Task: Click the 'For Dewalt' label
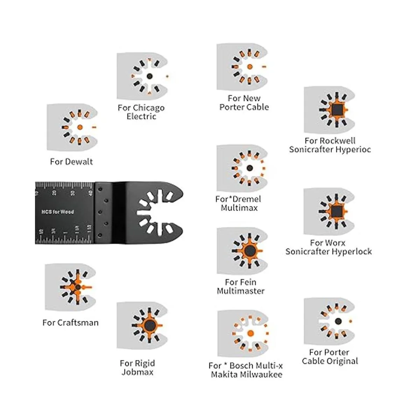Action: click(x=71, y=162)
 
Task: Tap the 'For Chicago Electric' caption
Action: click(x=141, y=112)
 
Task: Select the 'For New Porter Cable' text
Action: click(x=244, y=103)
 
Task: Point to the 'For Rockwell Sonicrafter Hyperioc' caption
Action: click(x=330, y=145)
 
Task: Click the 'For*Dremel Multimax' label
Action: click(x=238, y=203)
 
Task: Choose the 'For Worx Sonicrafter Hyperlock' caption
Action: click(x=328, y=247)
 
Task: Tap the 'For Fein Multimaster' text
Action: click(x=240, y=286)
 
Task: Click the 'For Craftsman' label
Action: click(x=70, y=323)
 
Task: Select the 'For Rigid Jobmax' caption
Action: click(x=138, y=367)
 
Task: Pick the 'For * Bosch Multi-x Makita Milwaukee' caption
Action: click(x=246, y=370)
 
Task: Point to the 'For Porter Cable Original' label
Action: click(x=330, y=357)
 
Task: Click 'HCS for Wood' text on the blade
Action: click(x=57, y=212)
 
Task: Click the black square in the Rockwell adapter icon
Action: click(x=337, y=110)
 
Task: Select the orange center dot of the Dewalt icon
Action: click(x=80, y=127)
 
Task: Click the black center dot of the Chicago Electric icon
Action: click(x=149, y=76)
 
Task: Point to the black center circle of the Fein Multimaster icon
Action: click(x=250, y=251)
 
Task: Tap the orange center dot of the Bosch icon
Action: click(x=251, y=333)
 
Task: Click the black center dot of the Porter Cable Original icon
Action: click(x=338, y=321)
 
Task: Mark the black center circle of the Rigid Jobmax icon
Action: click(x=150, y=325)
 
